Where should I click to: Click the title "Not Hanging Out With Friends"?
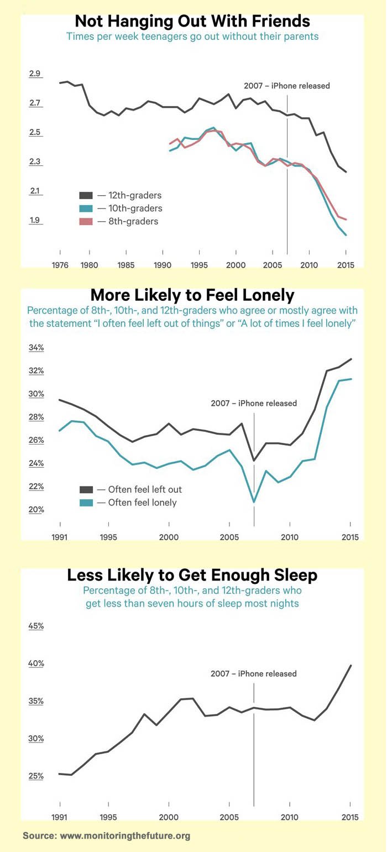point(192,22)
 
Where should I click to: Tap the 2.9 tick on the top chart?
point(35,74)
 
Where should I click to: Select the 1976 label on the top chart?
point(60,264)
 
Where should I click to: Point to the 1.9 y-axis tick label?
point(35,220)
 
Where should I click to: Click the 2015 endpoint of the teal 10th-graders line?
point(346,235)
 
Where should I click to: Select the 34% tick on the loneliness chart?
point(36,348)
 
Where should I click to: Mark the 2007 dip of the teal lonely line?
point(254,502)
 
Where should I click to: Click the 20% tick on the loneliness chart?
point(36,509)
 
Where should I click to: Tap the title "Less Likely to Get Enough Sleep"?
point(192,575)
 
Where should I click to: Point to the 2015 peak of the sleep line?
point(351,666)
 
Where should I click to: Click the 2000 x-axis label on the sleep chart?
point(168,817)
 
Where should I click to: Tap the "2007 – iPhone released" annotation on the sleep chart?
point(254,673)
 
